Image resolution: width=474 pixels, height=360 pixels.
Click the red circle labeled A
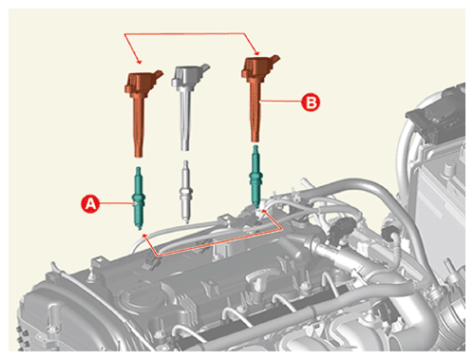pos(90,204)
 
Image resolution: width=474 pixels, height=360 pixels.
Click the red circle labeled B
pos(311,103)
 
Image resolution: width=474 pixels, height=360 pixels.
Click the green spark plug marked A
pos(139,198)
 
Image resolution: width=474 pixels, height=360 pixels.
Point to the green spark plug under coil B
pos(256,176)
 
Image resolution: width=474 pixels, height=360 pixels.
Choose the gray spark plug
pos(186,192)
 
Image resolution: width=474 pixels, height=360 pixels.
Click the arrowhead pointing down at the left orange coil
pos(139,61)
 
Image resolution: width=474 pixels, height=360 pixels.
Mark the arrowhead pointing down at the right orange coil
pos(256,52)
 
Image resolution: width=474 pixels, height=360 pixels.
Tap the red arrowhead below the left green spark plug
pos(145,237)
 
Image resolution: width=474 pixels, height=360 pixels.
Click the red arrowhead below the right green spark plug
pos(265,212)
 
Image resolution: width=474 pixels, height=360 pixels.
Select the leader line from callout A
pos(117,204)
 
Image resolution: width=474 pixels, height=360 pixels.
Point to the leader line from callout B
pos(280,102)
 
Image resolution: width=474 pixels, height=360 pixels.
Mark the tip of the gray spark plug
pos(187,221)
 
